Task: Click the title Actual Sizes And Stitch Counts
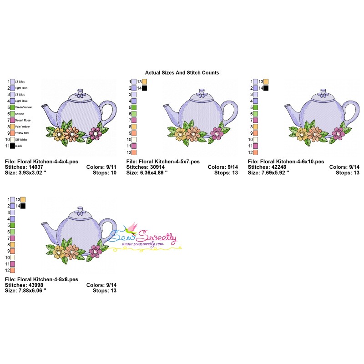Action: point(182,72)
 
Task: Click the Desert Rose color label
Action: point(22,120)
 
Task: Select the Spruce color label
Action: point(20,114)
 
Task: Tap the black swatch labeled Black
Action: point(13,146)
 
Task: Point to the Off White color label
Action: point(21,139)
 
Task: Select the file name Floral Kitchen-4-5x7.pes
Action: point(163,162)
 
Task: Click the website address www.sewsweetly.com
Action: point(142,244)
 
